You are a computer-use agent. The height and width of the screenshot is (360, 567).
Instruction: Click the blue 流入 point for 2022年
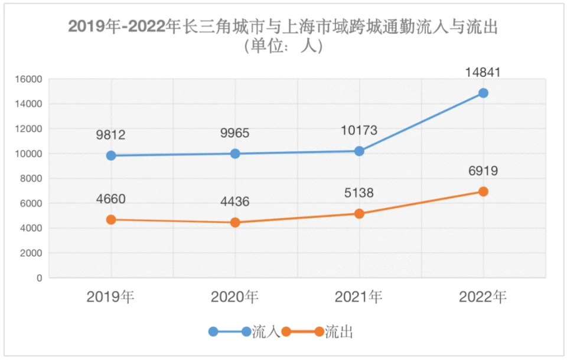(483, 93)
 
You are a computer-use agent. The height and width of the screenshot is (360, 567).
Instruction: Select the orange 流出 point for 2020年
(235, 222)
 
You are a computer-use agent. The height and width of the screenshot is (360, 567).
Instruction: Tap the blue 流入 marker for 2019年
(111, 155)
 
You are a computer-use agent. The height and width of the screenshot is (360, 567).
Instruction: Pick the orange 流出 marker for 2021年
(359, 213)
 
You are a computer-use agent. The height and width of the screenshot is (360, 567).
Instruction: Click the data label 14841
(483, 73)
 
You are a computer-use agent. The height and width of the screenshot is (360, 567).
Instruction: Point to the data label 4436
(234, 202)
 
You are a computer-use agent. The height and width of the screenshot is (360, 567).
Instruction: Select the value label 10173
(359, 131)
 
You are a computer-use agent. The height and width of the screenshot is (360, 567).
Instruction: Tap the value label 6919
(483, 171)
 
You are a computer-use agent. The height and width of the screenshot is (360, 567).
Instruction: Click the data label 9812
(110, 135)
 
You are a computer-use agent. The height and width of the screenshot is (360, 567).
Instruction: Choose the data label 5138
(359, 193)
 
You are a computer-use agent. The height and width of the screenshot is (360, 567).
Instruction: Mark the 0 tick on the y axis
(39, 278)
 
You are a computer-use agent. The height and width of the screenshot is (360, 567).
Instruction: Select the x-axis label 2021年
(359, 297)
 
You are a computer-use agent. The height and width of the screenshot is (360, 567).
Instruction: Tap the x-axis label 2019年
(110, 297)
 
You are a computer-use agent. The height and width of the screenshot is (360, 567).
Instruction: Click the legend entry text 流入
(266, 332)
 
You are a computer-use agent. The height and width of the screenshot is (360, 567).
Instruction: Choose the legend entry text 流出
(339, 332)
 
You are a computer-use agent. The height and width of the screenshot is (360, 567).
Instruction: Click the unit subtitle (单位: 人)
(283, 46)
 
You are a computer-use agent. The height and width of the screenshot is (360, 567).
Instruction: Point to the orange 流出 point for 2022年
(483, 192)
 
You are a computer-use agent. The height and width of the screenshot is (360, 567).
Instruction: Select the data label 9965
(234, 134)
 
